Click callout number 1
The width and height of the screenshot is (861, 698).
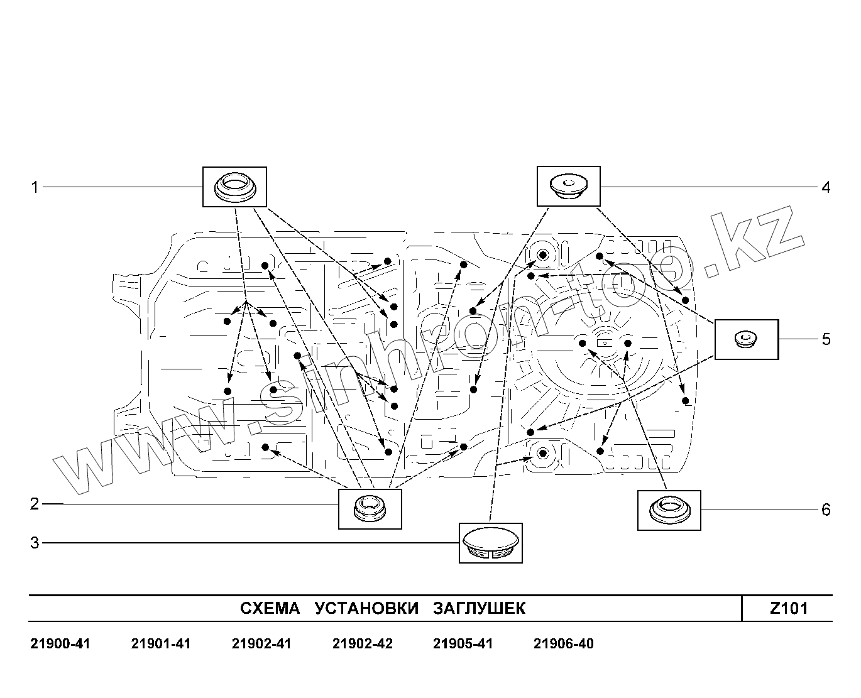pos(35,187)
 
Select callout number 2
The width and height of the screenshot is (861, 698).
pos(35,504)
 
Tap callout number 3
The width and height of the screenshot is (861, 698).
pos(35,542)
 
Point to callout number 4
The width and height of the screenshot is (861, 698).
pos(826,187)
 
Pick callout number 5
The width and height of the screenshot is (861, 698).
pos(826,339)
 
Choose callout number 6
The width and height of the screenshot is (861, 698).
pos(826,510)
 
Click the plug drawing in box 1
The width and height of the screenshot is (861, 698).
pos(234,187)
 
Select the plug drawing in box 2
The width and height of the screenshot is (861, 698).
pos(370,508)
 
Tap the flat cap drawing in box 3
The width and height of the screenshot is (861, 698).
pos(490,543)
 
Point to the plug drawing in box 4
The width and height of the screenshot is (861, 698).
pos(568,186)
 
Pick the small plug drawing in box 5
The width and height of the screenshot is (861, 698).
pos(746,339)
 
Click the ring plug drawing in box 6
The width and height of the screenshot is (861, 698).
pos(669,510)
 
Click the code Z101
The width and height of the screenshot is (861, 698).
pos(789,608)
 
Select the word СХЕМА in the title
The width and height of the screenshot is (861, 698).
pos(271,608)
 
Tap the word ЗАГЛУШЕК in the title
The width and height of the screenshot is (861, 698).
pos(479,608)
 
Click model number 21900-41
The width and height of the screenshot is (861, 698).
pos(60,644)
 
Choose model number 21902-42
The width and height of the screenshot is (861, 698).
pos(362,644)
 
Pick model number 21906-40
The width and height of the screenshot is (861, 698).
pos(563,644)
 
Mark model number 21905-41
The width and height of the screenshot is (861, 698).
pos(463,644)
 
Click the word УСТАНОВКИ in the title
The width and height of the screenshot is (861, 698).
pos(366,608)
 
